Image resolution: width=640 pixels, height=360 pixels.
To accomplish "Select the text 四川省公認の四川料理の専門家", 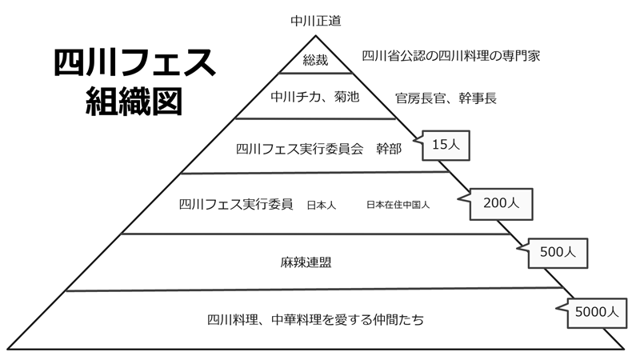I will (x=452, y=56).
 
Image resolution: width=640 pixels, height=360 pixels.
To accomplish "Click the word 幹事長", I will (x=478, y=98).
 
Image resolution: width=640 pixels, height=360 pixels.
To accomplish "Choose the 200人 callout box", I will (x=502, y=203).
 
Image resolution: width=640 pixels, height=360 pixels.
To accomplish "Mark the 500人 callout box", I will (x=558, y=252).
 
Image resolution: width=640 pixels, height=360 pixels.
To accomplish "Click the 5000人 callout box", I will (x=596, y=313).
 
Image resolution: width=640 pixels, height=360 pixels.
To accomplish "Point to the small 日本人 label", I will (x=321, y=205).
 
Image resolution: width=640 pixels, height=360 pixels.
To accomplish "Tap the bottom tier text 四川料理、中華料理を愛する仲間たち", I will (x=315, y=320).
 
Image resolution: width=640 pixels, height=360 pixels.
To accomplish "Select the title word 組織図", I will (x=134, y=102).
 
